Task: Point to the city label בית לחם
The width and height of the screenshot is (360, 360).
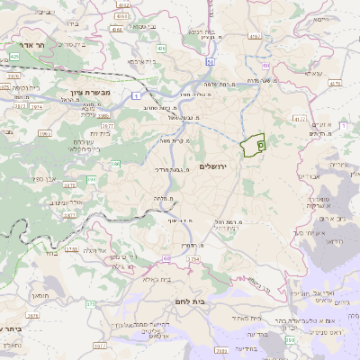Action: [x=188, y=302]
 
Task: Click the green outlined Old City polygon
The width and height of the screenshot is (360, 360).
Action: [x=256, y=142]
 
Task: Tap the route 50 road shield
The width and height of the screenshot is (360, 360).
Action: [x=210, y=62]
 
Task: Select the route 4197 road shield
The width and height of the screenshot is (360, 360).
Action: [x=255, y=38]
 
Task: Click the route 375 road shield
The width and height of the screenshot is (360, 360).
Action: [x=90, y=304]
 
